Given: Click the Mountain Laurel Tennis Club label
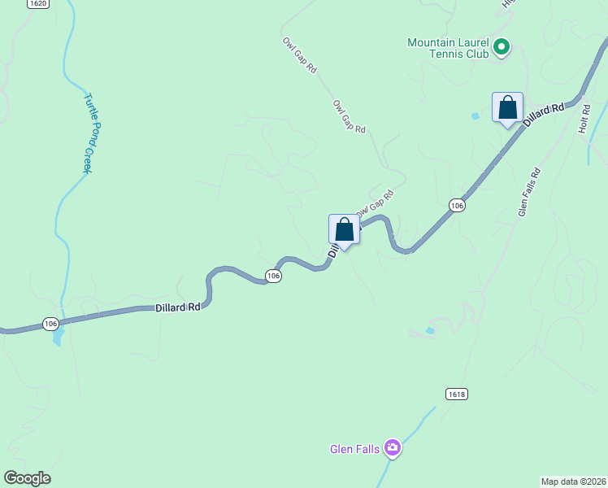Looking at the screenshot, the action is click(x=448, y=48).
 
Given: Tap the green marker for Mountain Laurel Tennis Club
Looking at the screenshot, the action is click(x=502, y=47).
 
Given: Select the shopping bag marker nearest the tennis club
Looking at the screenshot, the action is click(x=507, y=108).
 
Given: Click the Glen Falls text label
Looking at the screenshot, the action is click(x=354, y=449).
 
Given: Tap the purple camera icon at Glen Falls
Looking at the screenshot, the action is click(x=393, y=447).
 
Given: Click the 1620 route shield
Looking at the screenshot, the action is click(x=37, y=4).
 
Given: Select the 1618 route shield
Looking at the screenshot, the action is click(x=457, y=394).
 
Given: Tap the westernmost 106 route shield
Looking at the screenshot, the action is click(x=51, y=324).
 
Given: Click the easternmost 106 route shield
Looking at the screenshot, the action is click(x=457, y=206).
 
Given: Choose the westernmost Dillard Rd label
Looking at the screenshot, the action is click(x=177, y=307).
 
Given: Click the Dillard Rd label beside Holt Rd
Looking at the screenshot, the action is click(x=544, y=115).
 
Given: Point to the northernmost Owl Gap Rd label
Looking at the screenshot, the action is click(x=299, y=55).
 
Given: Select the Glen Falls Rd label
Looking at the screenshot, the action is click(x=529, y=192).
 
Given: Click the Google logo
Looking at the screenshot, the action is click(x=27, y=478).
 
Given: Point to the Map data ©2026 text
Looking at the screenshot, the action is click(x=572, y=481).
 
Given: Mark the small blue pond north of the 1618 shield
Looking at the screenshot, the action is click(x=429, y=331).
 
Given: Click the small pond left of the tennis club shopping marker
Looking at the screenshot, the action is click(x=475, y=116).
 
